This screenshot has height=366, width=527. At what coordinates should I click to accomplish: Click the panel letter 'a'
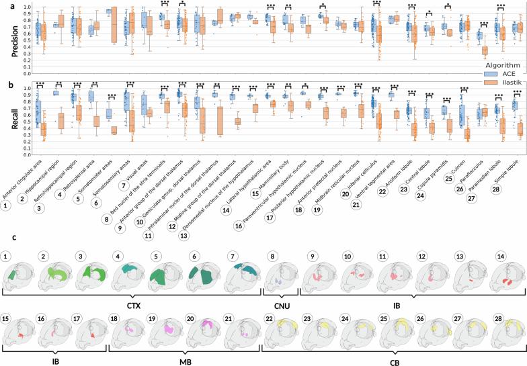pos(5,4)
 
